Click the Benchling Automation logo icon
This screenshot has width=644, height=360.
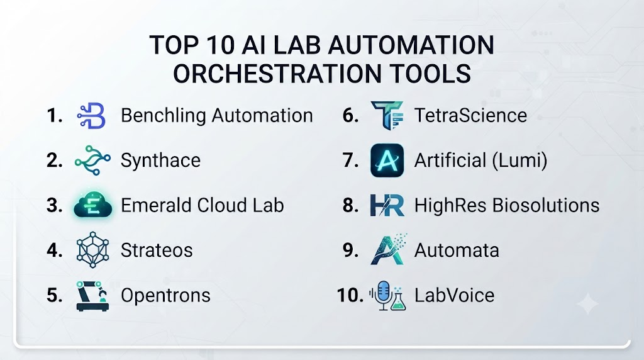coord(91,116)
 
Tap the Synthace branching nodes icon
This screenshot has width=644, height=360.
coord(92,160)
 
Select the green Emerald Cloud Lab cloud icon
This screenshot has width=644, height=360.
coord(93,205)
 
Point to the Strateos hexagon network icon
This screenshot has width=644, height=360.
coord(93,250)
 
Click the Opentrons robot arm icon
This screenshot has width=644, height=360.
coord(93,296)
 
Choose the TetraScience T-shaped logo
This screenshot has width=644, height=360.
coord(387,115)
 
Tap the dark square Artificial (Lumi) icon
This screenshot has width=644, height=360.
coord(387,160)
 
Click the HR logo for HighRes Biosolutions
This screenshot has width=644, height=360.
coord(387,205)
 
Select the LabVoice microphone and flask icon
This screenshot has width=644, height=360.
coord(387,295)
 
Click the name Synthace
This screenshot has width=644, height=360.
coord(160,160)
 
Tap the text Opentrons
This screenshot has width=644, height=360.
coord(165,295)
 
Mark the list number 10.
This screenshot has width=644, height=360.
coord(350,295)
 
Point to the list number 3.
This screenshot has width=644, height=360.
coord(54,205)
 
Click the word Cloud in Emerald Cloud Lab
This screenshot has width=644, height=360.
coord(221,205)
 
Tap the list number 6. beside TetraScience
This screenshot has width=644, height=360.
coord(350,115)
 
